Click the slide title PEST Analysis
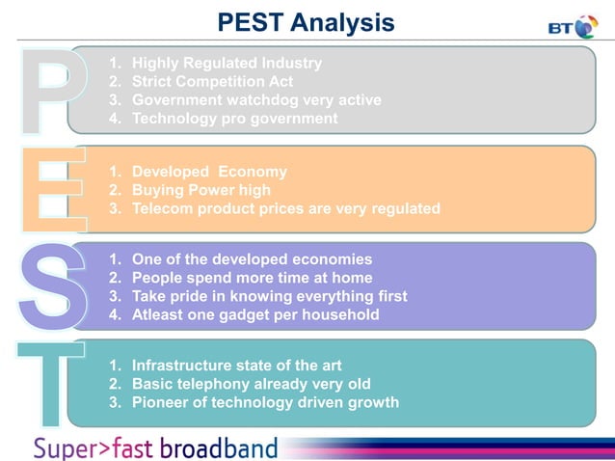(x=306, y=21)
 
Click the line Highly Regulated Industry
(x=227, y=63)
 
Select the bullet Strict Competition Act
(x=212, y=81)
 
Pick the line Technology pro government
(x=234, y=119)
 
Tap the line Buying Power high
(x=201, y=190)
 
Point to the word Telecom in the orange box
(x=161, y=208)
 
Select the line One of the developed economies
(x=252, y=259)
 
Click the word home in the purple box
(x=351, y=278)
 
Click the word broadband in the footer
(x=218, y=447)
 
